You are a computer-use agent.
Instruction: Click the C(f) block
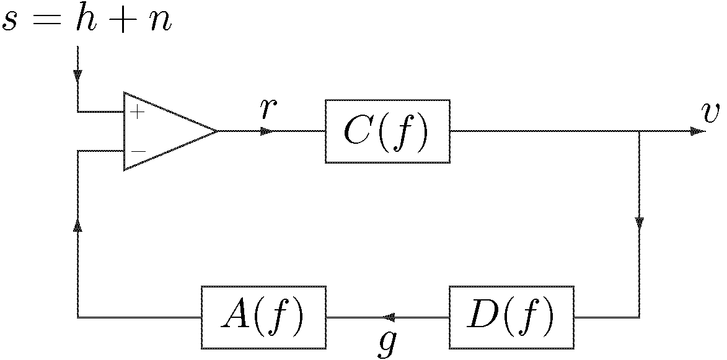[387, 131]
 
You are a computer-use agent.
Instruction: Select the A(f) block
[263, 317]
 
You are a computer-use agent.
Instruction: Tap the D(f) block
[511, 317]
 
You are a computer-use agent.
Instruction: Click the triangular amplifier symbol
[164, 131]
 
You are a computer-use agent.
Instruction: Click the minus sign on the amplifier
[138, 151]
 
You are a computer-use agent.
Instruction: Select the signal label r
[268, 109]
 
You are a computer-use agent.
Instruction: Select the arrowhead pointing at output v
[698, 131]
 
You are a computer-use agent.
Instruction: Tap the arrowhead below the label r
[267, 131]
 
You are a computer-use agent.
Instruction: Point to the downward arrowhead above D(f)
[639, 222]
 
